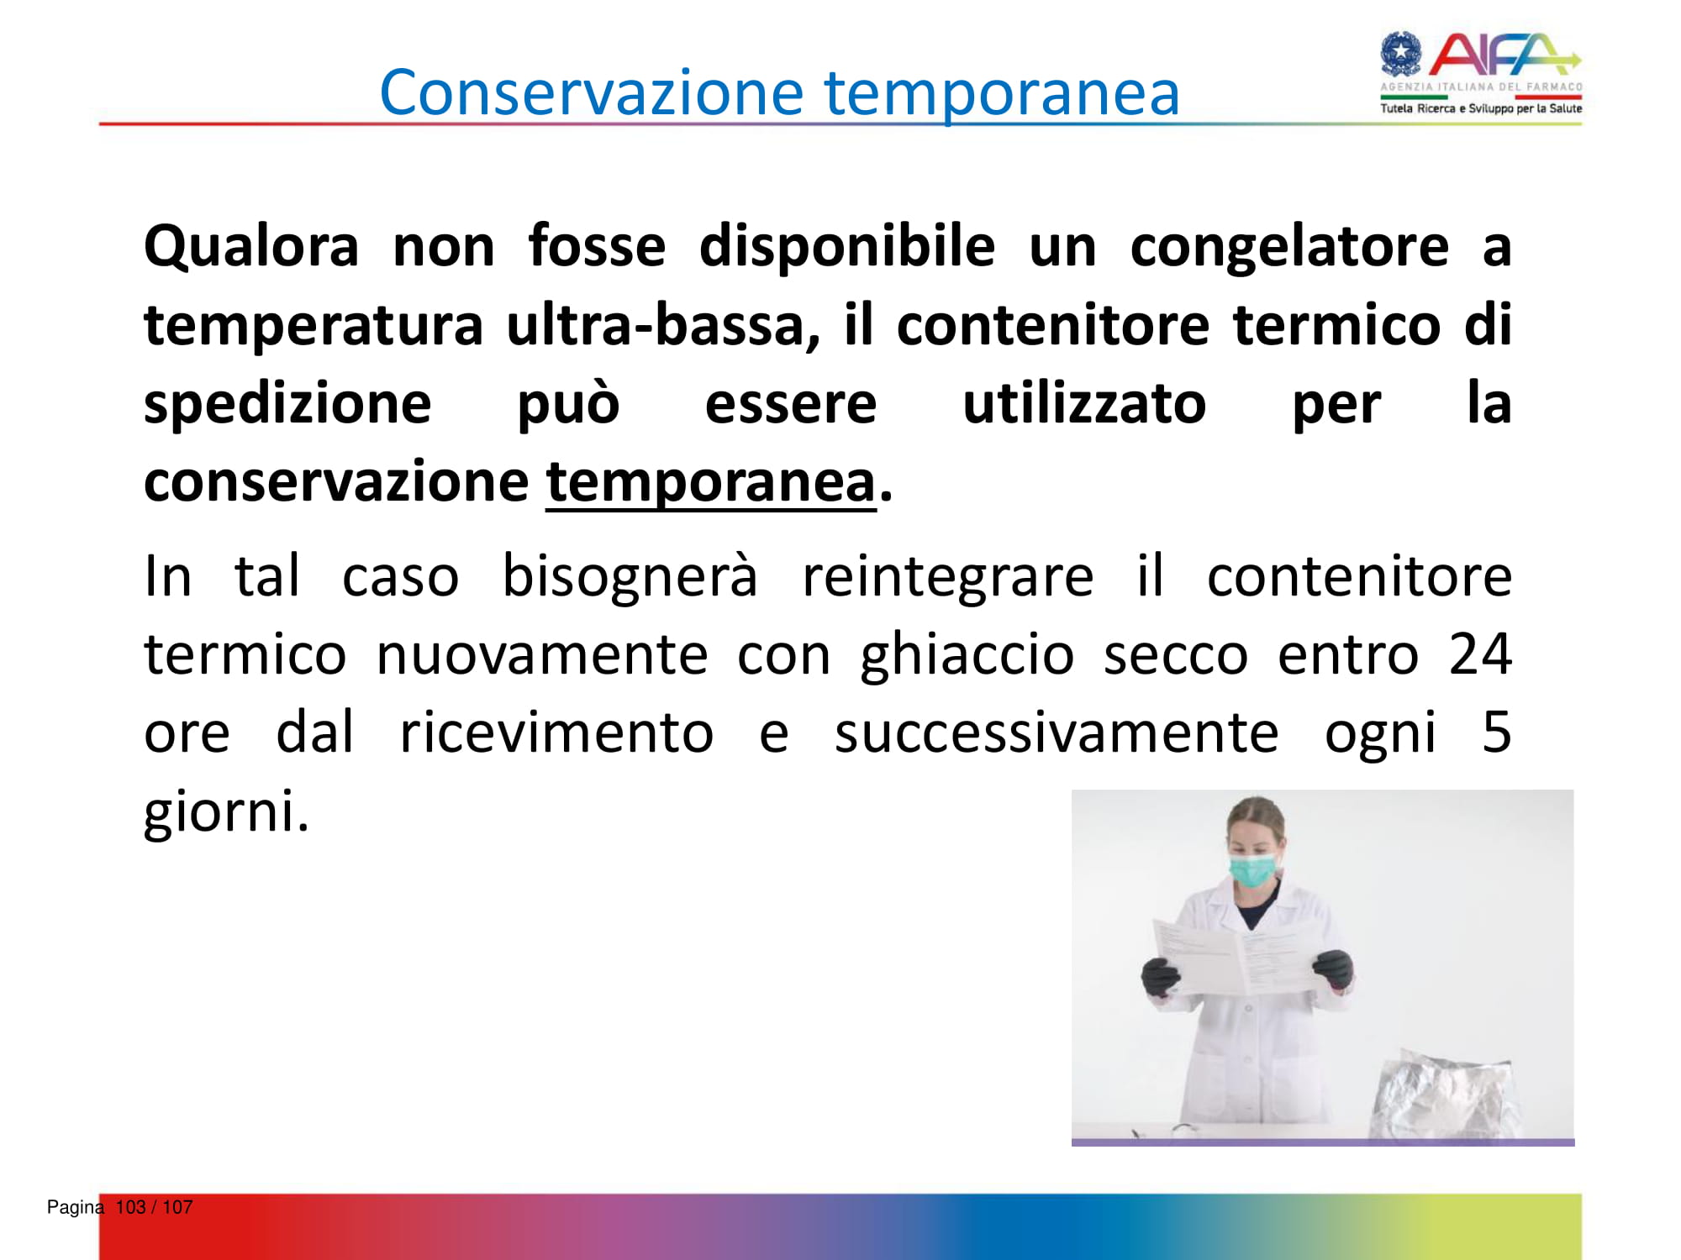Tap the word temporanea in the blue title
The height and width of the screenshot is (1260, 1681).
point(1002,94)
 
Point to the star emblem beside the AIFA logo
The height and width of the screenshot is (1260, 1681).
point(1401,54)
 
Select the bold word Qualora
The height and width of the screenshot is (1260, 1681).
point(251,247)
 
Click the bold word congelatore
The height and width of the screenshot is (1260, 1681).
point(1289,249)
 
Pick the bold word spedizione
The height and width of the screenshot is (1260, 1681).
point(287,406)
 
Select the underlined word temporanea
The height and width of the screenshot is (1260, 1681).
point(711,484)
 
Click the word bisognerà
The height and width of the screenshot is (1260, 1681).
point(630,578)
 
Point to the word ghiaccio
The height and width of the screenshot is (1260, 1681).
point(967,656)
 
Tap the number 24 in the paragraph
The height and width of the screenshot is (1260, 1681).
point(1480,654)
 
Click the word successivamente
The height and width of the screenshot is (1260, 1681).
point(1057,732)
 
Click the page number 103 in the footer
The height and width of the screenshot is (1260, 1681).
point(130,1207)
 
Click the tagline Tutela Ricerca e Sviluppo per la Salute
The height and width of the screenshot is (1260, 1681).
point(1481,108)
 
